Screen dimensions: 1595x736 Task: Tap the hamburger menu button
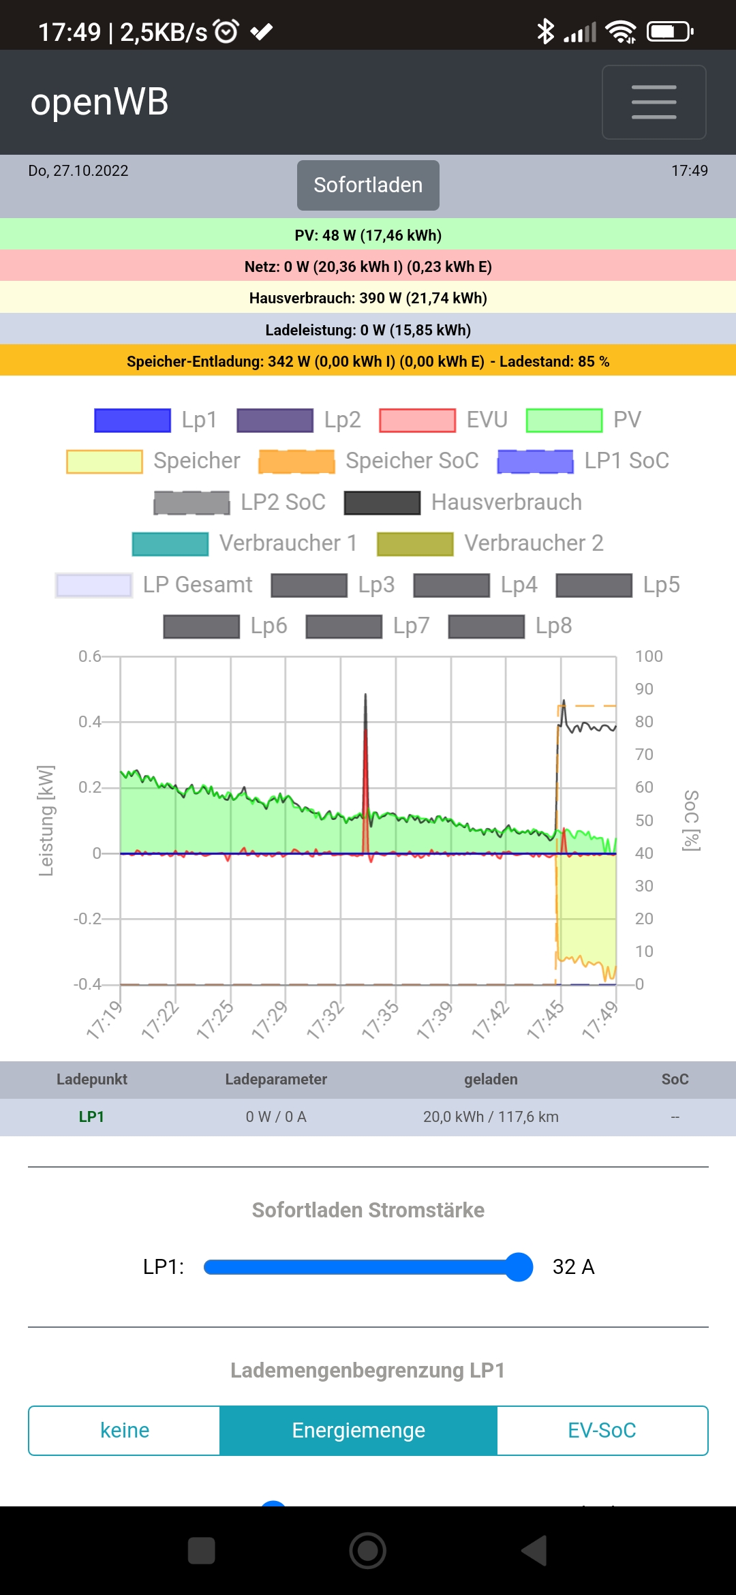pos(654,102)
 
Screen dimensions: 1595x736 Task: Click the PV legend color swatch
pos(564,421)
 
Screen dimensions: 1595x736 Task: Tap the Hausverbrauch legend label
pos(506,502)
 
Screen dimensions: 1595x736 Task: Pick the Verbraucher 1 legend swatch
pos(170,544)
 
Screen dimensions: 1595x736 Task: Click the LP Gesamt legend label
pos(197,585)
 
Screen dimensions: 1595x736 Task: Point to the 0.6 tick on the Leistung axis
pos(89,656)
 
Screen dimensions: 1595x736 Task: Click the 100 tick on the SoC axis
pos(648,656)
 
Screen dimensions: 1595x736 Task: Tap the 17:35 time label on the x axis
pos(380,1020)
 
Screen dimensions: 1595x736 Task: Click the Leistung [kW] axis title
pos(46,820)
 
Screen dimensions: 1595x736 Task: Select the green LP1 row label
pos(91,1116)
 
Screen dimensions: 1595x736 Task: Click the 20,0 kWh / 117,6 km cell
pos(491,1116)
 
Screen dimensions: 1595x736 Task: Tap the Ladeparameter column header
pos(276,1079)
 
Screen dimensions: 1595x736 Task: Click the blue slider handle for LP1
pos(519,1267)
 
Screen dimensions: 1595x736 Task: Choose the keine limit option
pos(125,1430)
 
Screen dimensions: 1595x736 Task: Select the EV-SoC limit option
pos(602,1430)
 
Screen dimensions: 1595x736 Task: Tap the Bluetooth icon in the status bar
pos(545,31)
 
